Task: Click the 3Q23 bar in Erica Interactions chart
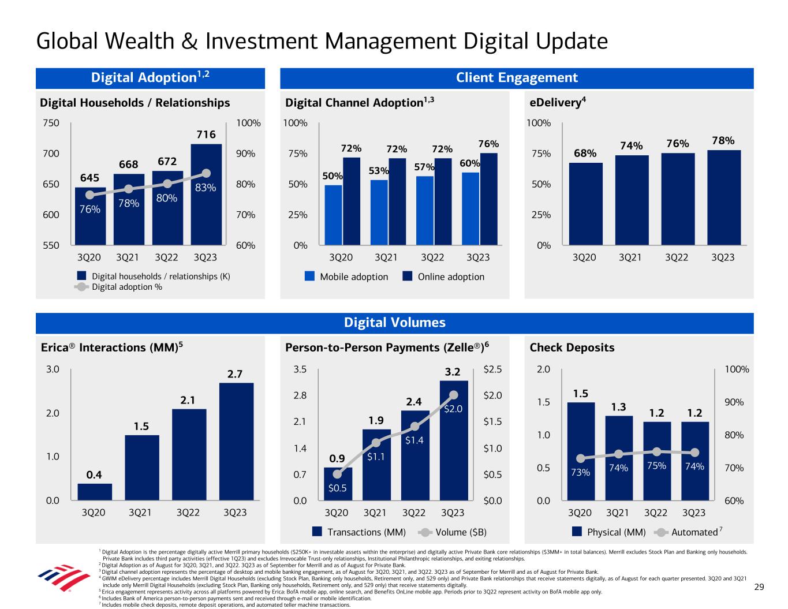tap(236, 441)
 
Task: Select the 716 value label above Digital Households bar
tap(206, 134)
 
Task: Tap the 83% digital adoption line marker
tap(207, 173)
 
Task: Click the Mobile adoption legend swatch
tap(310, 277)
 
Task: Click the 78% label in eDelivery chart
tap(723, 140)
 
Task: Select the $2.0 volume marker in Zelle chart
tap(453, 395)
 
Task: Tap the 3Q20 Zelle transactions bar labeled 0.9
tap(338, 484)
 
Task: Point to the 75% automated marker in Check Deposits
tap(656, 451)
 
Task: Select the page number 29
tap(759, 587)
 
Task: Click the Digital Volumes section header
tap(395, 323)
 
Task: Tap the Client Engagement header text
tap(517, 78)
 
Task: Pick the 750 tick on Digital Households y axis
tap(51, 123)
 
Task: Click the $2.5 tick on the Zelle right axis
tap(492, 369)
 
